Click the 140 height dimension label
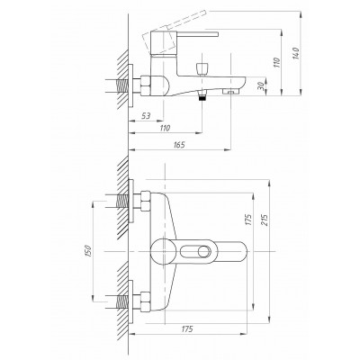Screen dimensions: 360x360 pos(296,53)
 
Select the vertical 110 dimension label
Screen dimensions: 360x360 pos(277,62)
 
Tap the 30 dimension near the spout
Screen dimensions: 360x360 pos(261,86)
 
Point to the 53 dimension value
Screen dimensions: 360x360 pos(146,116)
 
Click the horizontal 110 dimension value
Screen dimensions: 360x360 pos(165,128)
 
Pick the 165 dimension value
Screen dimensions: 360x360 pos(179,145)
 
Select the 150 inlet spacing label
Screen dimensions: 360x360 pos(87,251)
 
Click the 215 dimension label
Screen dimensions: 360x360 pos(265,220)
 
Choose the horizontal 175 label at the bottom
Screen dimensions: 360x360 pos(187,328)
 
